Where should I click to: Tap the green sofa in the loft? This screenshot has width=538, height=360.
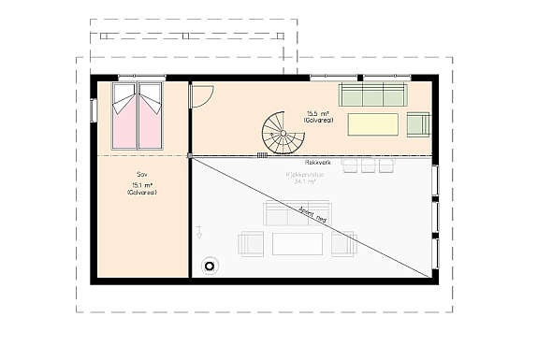371,94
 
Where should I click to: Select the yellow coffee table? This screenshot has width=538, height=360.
373,124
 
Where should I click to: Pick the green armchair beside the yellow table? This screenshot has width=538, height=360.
417,124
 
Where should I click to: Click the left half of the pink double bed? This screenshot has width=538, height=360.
124,116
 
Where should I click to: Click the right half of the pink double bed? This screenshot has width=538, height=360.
150,116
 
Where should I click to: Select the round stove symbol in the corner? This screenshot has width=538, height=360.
211,266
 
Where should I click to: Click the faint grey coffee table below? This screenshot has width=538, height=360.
298,244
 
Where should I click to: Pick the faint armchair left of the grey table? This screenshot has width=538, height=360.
252,244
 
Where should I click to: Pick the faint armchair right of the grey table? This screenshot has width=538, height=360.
344,244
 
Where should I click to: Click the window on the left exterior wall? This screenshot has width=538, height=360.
93,109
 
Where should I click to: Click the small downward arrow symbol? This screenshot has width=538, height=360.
199,232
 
